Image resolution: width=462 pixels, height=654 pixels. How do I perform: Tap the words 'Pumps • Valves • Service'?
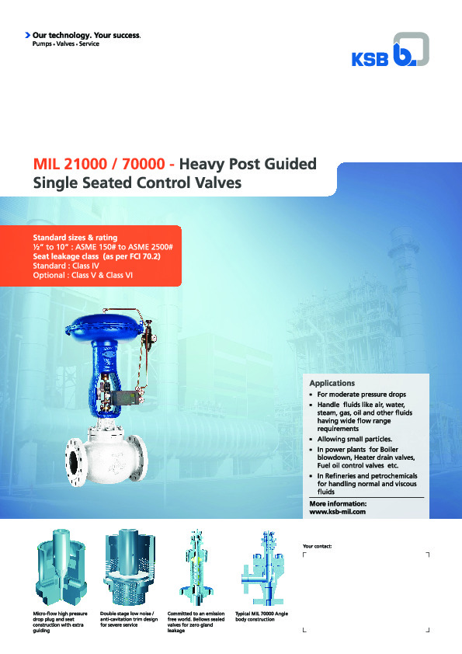(x=65, y=44)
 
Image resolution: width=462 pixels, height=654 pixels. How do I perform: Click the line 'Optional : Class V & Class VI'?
(x=83, y=275)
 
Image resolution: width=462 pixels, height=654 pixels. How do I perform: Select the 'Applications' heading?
(x=332, y=383)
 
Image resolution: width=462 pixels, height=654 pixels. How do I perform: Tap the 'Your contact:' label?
(x=317, y=547)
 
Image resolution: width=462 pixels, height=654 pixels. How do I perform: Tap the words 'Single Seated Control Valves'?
(x=137, y=184)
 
